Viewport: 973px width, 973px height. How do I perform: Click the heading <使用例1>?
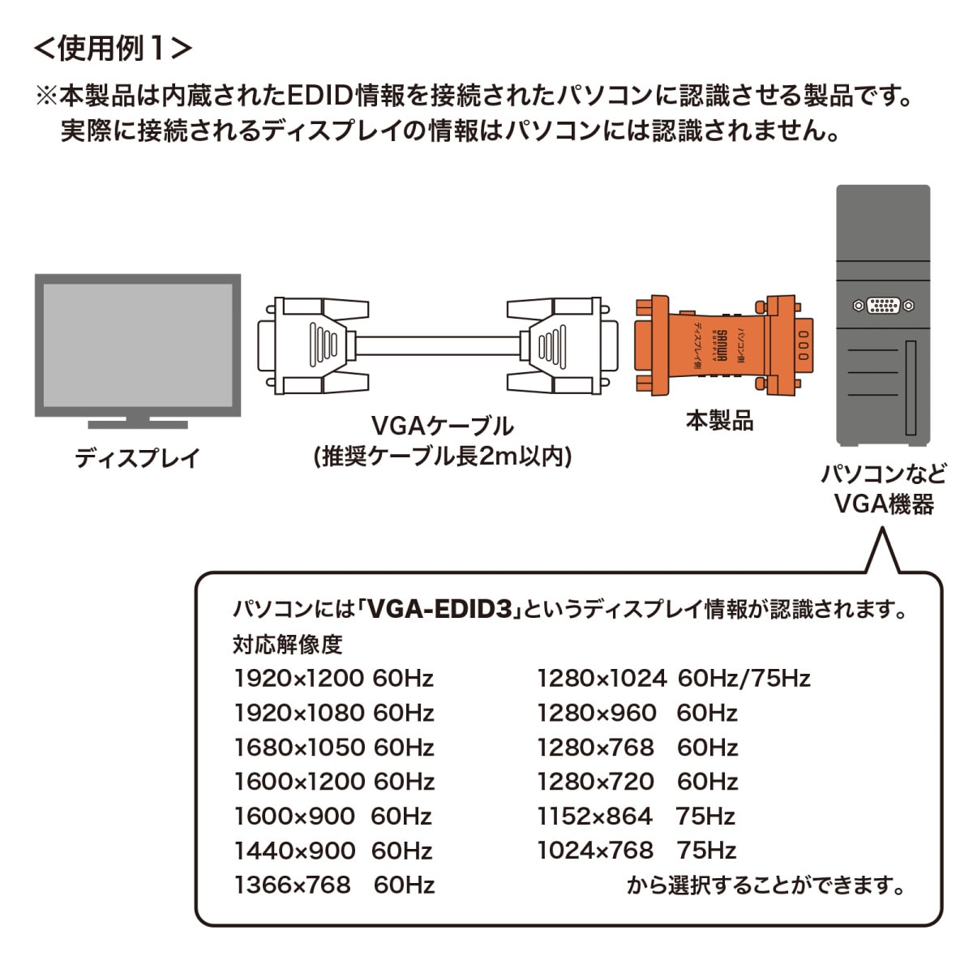(x=113, y=48)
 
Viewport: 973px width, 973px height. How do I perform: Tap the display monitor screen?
(x=138, y=345)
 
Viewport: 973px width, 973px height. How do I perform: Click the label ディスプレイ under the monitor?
(x=137, y=458)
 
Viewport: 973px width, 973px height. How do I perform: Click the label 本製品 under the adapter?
(x=719, y=421)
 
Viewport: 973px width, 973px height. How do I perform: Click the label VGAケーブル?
(x=442, y=426)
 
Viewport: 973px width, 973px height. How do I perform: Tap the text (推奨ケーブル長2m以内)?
(x=442, y=457)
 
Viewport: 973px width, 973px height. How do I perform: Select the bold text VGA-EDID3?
(x=443, y=609)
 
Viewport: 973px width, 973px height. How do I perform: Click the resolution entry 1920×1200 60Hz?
(x=333, y=678)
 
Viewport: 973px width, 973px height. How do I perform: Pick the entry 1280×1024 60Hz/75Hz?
(x=673, y=678)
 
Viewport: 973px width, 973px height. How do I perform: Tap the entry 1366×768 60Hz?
(x=333, y=885)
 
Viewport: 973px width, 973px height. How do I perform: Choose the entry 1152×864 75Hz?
(x=636, y=816)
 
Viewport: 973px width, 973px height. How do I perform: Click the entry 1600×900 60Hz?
(x=332, y=816)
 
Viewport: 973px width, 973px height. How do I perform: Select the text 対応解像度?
(x=287, y=645)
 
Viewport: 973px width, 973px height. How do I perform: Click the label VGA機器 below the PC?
(x=884, y=504)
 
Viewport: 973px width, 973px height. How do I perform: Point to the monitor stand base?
(x=138, y=424)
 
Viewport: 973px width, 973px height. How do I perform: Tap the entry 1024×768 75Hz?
(x=636, y=851)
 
